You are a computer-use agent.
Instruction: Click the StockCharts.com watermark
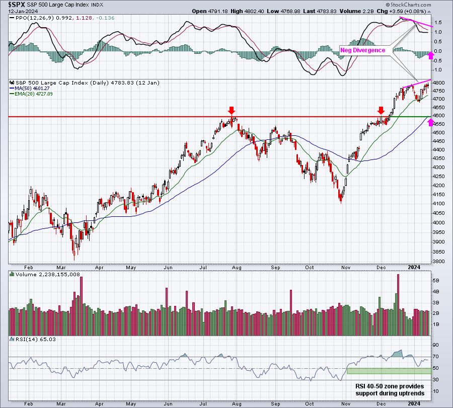408,5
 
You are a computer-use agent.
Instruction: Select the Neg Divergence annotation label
362,50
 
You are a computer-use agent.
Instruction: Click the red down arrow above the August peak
232,111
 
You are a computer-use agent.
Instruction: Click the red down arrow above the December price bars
381,111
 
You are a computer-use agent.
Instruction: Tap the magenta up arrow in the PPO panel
431,55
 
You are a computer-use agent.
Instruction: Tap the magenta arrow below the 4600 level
431,122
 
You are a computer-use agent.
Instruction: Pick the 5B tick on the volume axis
436,280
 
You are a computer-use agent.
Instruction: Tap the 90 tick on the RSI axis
435,345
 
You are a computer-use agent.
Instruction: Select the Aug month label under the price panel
237,267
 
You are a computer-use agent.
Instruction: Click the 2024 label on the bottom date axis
414,403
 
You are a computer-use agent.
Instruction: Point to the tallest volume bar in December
398,305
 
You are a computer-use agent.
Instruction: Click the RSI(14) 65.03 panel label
33,339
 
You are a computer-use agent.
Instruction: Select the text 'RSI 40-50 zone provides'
390,386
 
